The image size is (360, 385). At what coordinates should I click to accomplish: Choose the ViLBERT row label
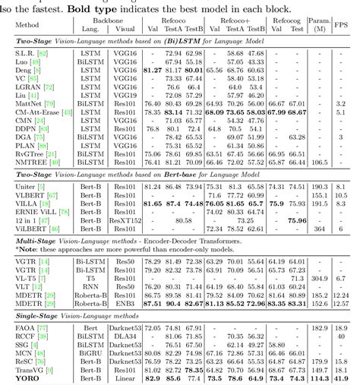point(28,227)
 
